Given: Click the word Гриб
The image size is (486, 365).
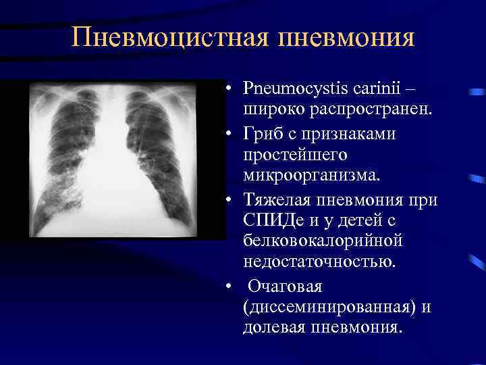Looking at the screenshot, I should click(x=263, y=134).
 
